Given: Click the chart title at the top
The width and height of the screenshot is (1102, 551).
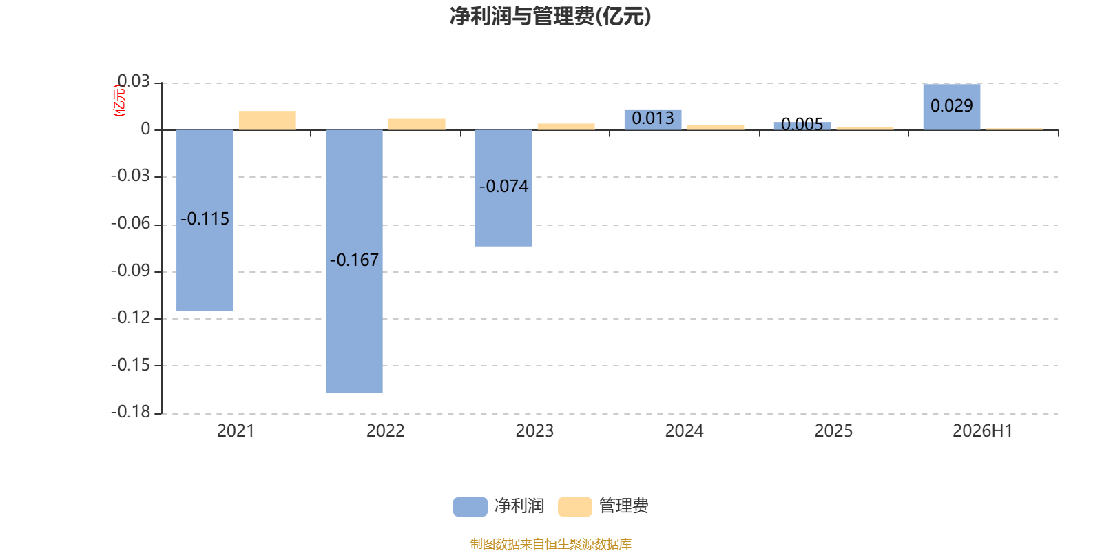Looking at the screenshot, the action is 550,16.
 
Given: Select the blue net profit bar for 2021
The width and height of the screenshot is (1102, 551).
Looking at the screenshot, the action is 205,220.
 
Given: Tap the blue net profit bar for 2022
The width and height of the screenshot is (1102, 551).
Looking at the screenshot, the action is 354,261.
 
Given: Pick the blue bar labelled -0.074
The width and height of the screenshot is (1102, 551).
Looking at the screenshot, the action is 503,188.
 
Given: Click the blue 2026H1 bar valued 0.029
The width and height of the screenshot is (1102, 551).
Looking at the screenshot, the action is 951,107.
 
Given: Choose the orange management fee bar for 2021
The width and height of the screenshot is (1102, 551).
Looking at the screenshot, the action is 267,121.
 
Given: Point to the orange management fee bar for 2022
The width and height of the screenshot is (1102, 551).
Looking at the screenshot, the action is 417,125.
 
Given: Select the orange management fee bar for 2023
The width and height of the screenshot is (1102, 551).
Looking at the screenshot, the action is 566,127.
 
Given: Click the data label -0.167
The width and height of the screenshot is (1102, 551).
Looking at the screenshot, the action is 354,260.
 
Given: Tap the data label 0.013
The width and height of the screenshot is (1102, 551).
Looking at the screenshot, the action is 653,118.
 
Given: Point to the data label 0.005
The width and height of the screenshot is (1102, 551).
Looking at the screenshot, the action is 802,124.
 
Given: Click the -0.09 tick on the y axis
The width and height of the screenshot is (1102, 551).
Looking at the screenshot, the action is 130,271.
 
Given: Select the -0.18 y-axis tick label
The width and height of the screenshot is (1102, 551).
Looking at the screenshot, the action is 130,412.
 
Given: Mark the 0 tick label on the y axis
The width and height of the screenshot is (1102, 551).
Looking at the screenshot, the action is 145,129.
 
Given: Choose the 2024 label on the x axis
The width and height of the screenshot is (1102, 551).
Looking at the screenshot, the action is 684,431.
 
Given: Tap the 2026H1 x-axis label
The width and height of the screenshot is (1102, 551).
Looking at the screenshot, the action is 982,431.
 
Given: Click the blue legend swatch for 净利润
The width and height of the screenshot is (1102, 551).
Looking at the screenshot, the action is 470,506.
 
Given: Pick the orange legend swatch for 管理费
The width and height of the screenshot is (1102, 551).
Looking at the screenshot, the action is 574,506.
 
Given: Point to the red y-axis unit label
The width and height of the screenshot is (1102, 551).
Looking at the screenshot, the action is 120,101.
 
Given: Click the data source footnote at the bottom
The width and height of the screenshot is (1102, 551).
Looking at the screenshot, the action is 550,543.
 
